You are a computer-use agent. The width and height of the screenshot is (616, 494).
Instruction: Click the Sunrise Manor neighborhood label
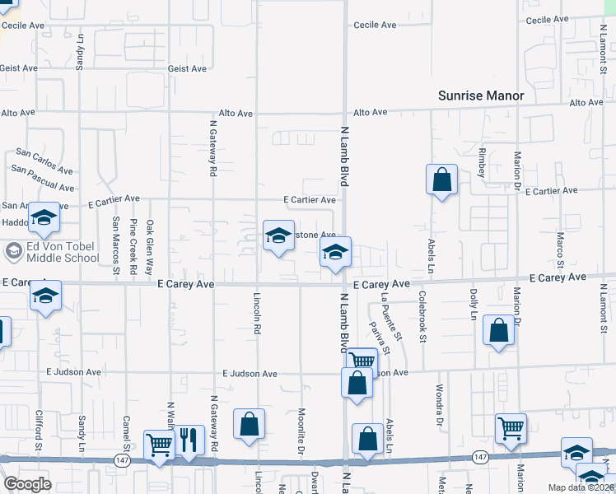click(481, 96)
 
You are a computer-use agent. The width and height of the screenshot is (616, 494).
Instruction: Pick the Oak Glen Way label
click(150, 247)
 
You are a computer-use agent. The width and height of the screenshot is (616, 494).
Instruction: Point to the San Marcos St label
click(115, 245)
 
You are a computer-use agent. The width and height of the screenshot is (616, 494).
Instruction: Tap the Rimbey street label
click(482, 157)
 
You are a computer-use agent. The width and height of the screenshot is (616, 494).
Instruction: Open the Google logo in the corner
click(27, 484)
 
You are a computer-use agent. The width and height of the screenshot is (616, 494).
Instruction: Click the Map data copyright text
click(581, 487)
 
